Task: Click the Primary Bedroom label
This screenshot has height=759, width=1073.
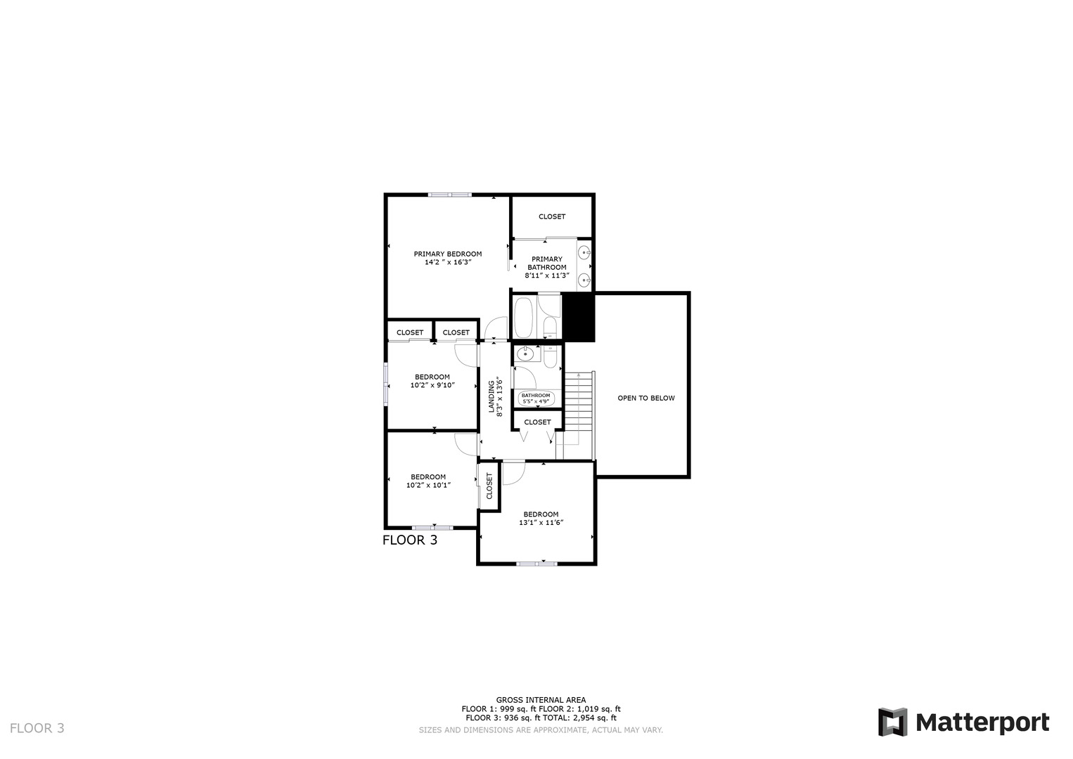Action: click(447, 254)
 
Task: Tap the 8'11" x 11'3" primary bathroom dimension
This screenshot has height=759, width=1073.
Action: click(546, 275)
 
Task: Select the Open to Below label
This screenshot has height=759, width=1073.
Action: click(645, 398)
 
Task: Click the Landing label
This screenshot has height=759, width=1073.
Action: click(491, 396)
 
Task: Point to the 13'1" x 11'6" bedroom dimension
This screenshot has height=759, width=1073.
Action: click(541, 522)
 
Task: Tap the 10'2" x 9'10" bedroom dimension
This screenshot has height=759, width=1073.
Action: click(432, 385)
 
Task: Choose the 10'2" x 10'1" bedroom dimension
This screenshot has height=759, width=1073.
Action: click(428, 485)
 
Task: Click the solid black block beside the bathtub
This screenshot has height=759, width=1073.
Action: click(578, 317)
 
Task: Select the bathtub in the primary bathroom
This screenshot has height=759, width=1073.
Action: click(522, 318)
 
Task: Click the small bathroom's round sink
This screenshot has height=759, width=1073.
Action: click(525, 354)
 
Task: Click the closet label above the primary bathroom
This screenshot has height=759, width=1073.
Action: click(552, 216)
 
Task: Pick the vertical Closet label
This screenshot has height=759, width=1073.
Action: click(489, 486)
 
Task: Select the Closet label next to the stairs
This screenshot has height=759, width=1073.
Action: click(537, 422)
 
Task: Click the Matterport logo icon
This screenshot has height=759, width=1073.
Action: click(892, 722)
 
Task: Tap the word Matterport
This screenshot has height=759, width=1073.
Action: click(982, 722)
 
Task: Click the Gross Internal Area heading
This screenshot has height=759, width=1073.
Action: click(541, 700)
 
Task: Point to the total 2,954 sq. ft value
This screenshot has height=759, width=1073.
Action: click(594, 718)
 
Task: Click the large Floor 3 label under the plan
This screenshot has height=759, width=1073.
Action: click(409, 540)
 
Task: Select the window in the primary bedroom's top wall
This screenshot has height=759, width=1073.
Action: click(450, 195)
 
